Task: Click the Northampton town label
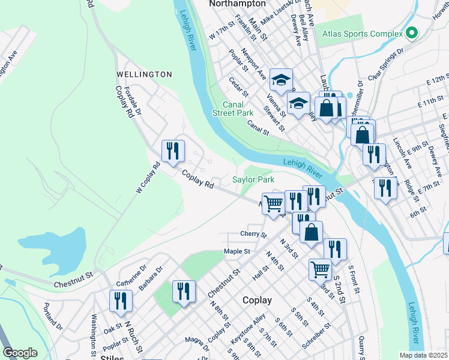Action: (x=237, y=4)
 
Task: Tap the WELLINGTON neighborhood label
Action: (x=144, y=74)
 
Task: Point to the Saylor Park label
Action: (x=253, y=179)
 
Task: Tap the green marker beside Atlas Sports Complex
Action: (x=411, y=32)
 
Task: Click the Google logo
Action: (x=20, y=353)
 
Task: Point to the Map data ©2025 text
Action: (x=423, y=355)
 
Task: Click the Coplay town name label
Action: (x=257, y=300)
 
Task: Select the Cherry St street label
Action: (x=253, y=234)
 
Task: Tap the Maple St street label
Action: (x=237, y=251)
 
